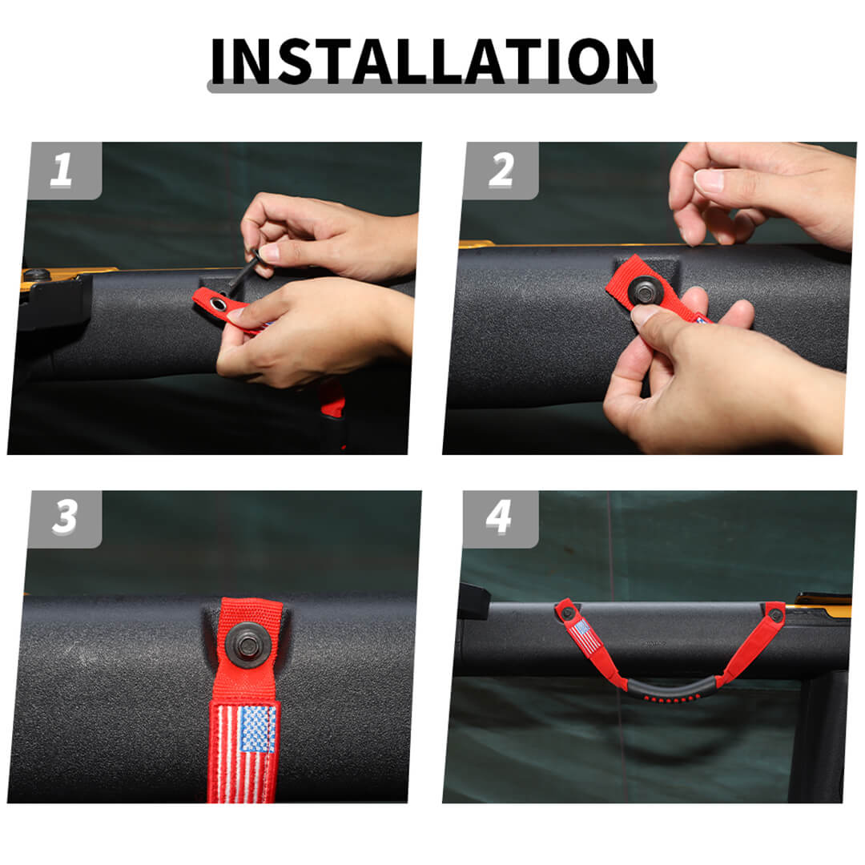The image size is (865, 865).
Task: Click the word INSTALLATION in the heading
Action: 432,61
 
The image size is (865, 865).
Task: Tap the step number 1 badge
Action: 65,171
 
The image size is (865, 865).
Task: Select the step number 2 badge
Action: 501,171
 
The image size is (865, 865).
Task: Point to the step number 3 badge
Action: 65,518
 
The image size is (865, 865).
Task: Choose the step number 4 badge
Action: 501,518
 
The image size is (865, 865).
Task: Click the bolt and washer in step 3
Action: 247,644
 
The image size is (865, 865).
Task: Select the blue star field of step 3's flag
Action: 257,728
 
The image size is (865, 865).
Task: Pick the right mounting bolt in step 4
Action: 774,614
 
